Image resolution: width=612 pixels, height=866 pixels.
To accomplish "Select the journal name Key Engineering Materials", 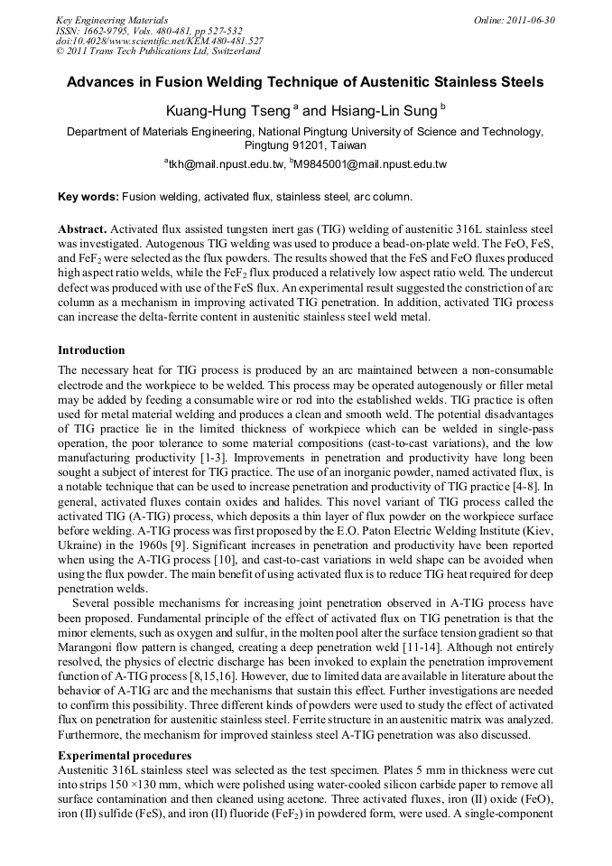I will [112, 19].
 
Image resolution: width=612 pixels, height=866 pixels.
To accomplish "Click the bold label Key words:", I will [88, 196].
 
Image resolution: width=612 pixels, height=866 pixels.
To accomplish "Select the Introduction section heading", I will [91, 349].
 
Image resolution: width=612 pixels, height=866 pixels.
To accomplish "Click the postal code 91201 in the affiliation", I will [311, 144].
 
